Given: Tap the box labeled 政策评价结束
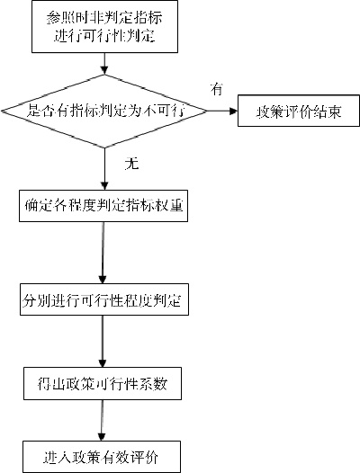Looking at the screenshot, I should coord(294,112).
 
